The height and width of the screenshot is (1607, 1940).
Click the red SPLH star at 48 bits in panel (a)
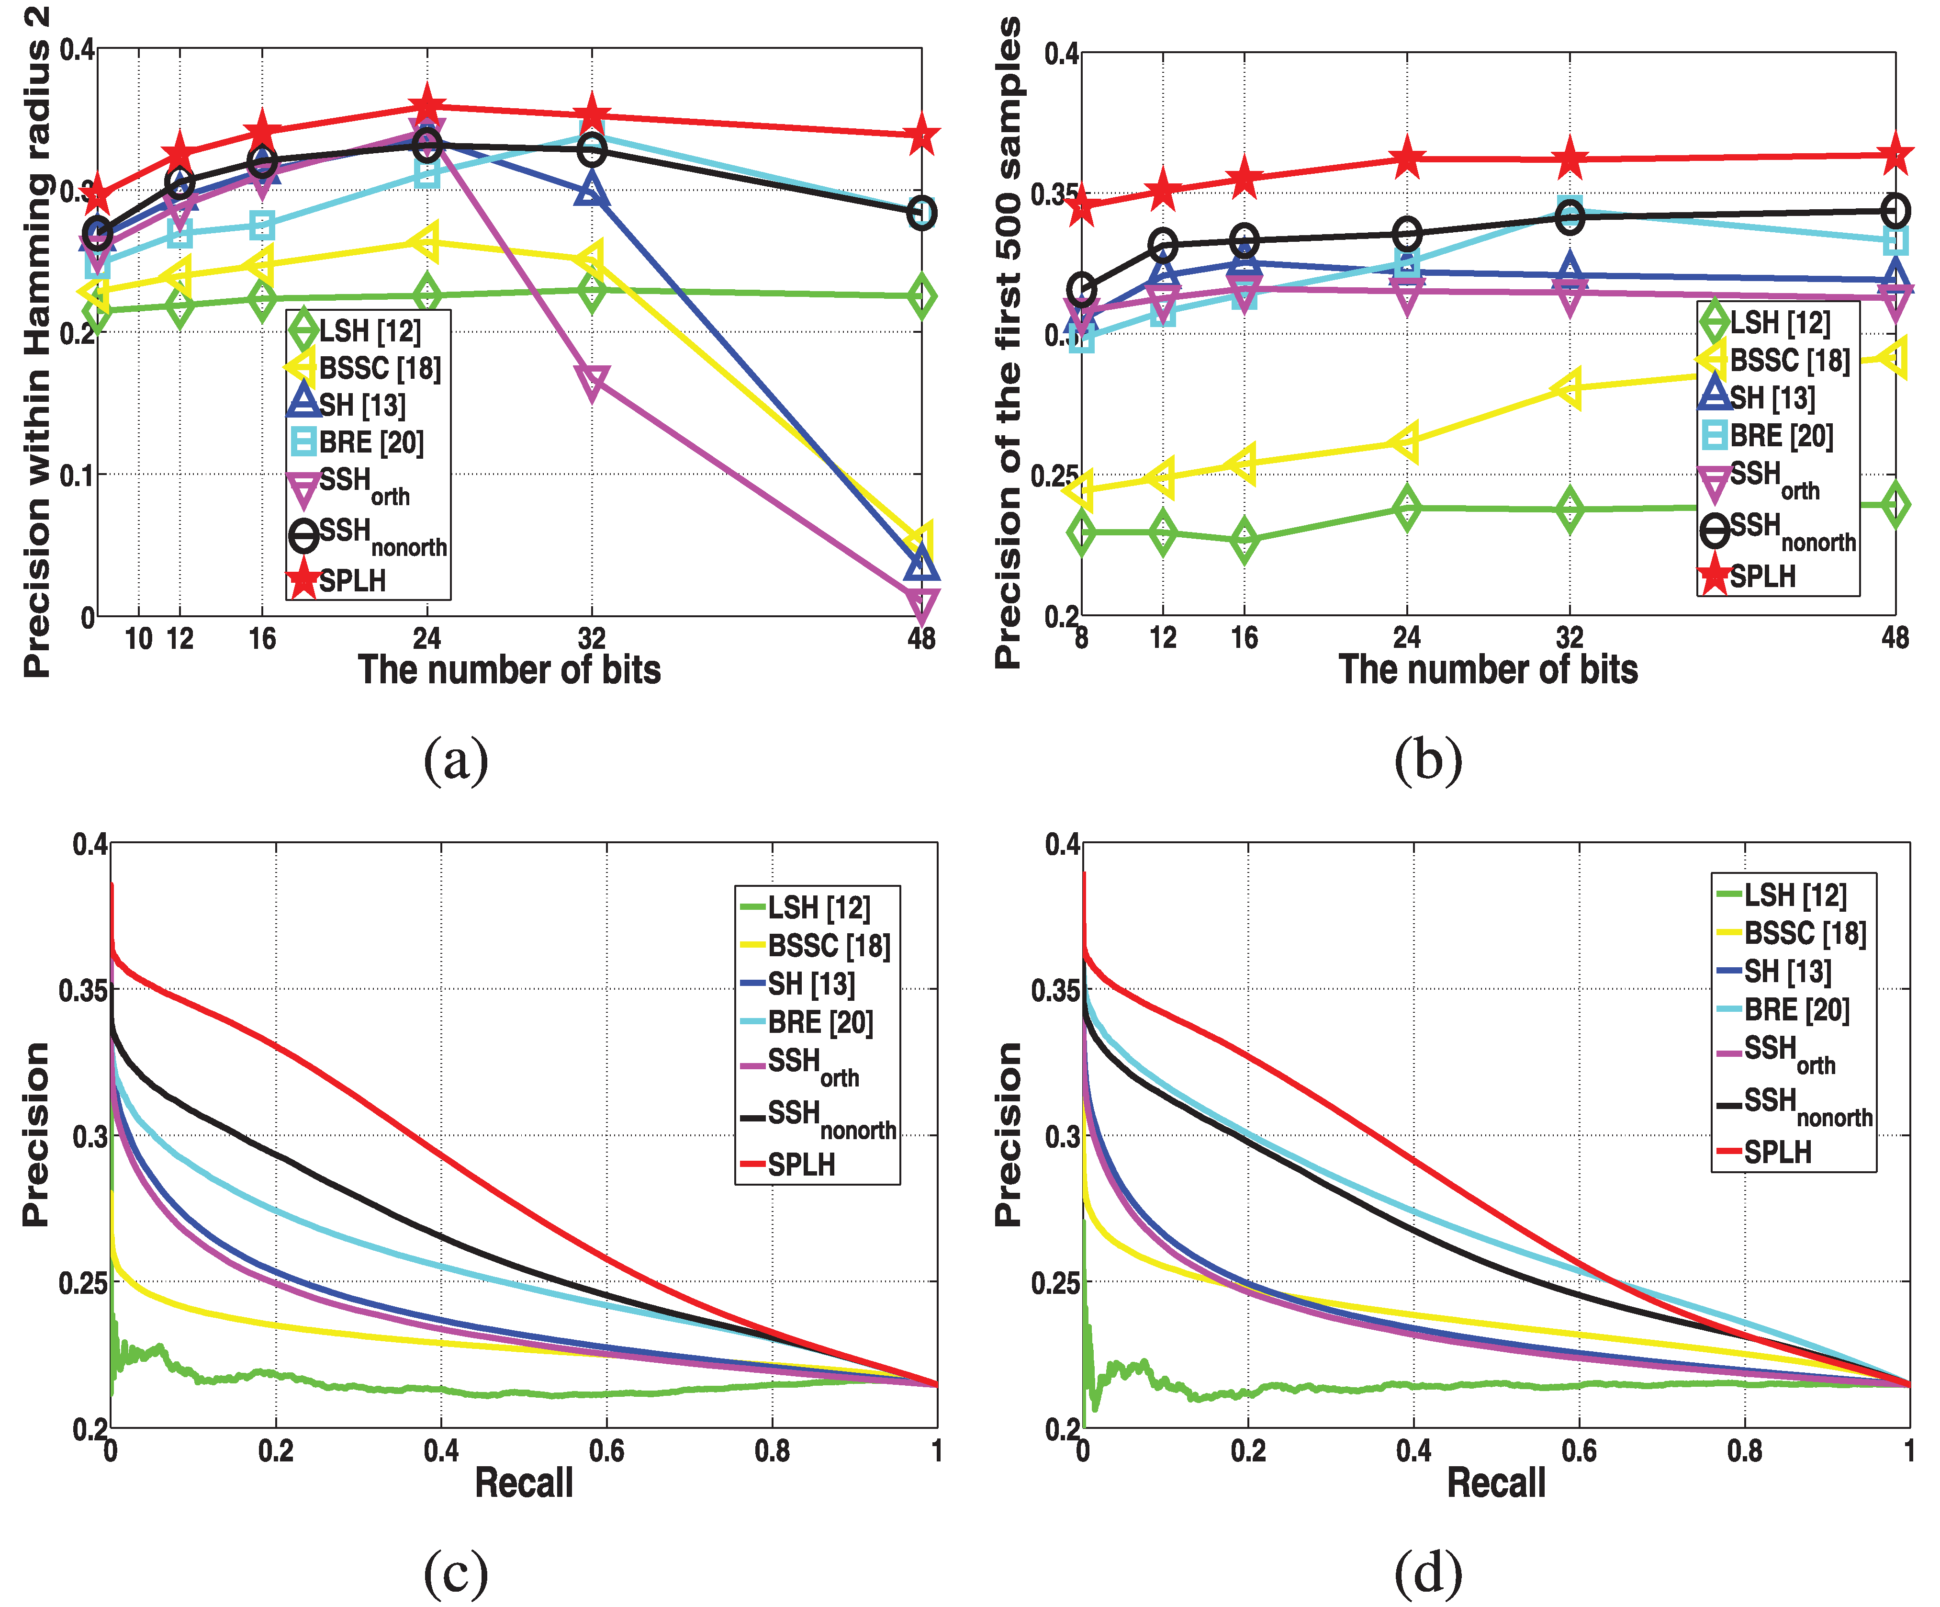click(x=921, y=136)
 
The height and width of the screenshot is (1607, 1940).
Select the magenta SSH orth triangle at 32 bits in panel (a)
click(x=591, y=382)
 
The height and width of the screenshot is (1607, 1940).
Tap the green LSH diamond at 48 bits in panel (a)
click(x=921, y=296)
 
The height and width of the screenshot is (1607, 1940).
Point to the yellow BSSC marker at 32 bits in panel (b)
click(x=1569, y=388)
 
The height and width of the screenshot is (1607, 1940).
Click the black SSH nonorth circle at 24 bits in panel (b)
click(x=1406, y=234)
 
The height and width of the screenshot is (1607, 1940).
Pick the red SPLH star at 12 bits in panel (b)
click(x=1163, y=191)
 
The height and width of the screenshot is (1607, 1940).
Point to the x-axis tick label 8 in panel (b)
click(x=1082, y=638)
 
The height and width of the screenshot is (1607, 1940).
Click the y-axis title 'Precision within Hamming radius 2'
click(x=37, y=342)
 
